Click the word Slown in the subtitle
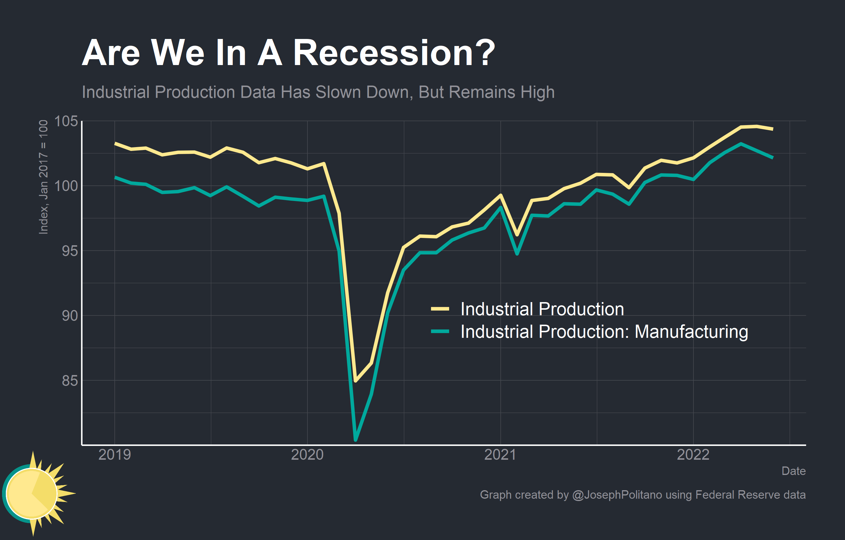pyautogui.click(x=338, y=92)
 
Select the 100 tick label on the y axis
pyautogui.click(x=66, y=186)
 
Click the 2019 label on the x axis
pyautogui.click(x=114, y=455)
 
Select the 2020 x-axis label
pyautogui.click(x=307, y=455)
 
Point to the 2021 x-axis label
pyautogui.click(x=500, y=455)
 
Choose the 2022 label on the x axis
pyautogui.click(x=693, y=455)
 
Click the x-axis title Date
pyautogui.click(x=793, y=471)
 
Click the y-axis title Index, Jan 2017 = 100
pyautogui.click(x=43, y=177)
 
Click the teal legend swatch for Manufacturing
pyautogui.click(x=440, y=331)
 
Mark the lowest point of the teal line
pyautogui.click(x=355, y=439)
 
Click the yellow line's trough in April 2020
pyautogui.click(x=355, y=381)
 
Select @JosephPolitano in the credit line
pyautogui.click(x=617, y=495)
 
